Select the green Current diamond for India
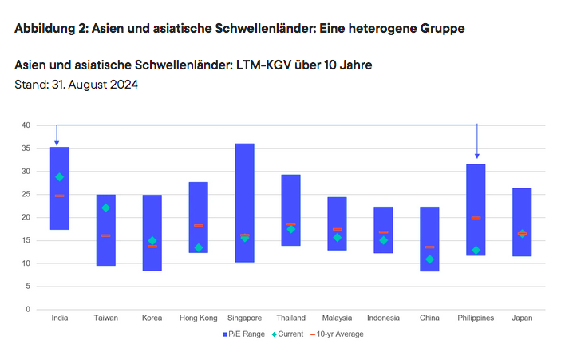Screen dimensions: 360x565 (60, 177)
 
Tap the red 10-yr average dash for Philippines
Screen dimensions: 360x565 (476, 218)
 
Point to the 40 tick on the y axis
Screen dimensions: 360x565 (26, 125)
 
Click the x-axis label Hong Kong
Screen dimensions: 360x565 (199, 318)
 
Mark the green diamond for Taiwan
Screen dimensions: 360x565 (105, 208)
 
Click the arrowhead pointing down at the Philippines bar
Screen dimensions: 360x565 (476, 155)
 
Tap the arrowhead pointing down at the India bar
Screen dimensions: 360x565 (57, 142)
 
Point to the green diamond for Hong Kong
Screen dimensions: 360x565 (199, 247)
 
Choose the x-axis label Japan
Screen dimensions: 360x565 (523, 318)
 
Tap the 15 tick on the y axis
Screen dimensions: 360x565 (26, 240)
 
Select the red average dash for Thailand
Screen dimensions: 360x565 (291, 224)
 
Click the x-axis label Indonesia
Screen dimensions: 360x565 (383, 318)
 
